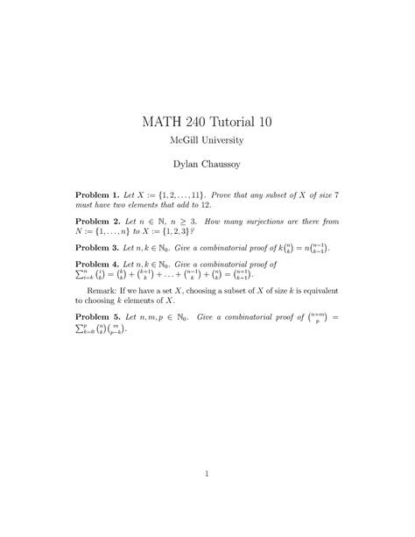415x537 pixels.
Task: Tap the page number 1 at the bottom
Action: tap(207, 476)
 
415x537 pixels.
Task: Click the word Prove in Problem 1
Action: tap(243, 192)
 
